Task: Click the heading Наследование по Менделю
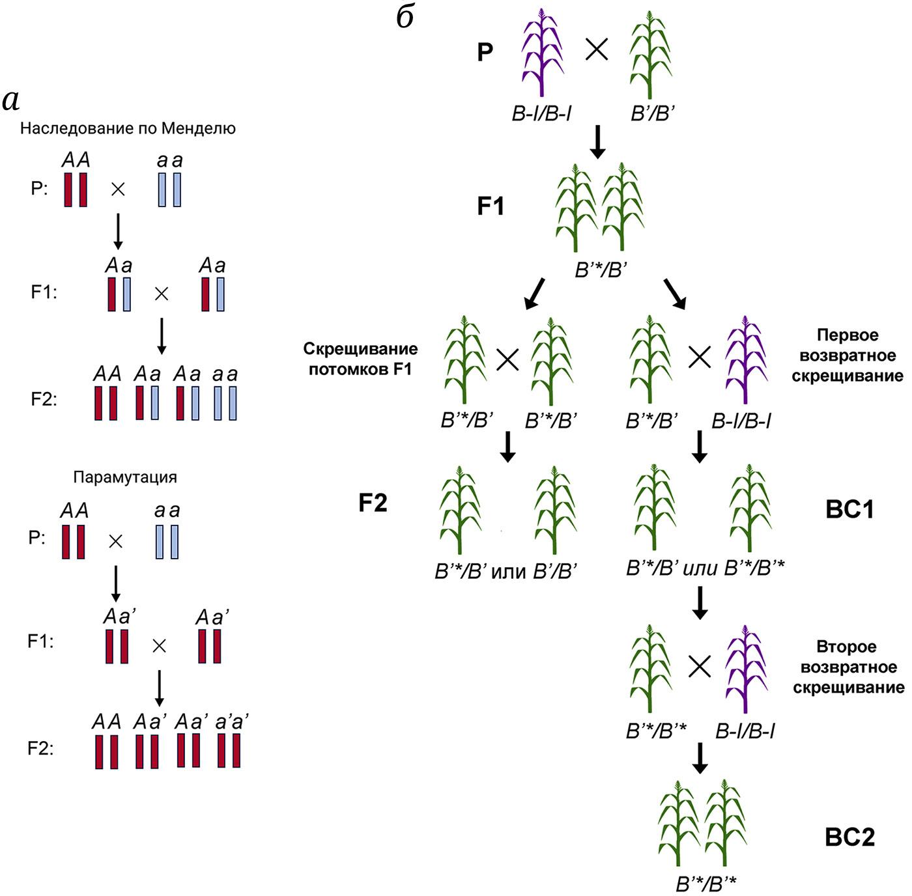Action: [128, 128]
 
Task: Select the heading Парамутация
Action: [125, 477]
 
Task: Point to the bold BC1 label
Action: [849, 509]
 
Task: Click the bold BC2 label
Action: [849, 837]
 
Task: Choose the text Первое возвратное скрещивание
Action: [848, 356]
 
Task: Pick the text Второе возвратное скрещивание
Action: [848, 667]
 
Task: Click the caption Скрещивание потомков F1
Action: [360, 359]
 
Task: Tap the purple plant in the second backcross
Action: [746, 669]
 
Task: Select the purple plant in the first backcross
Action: [746, 359]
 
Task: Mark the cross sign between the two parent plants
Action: [597, 49]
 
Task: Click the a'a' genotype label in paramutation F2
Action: [232, 722]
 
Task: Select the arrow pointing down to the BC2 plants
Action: [700, 759]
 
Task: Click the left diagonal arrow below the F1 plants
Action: [534, 294]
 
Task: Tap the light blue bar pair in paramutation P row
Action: [167, 542]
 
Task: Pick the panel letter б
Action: [405, 18]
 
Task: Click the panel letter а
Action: [11, 100]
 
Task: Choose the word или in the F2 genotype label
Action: [508, 572]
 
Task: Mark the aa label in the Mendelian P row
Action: [170, 160]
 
